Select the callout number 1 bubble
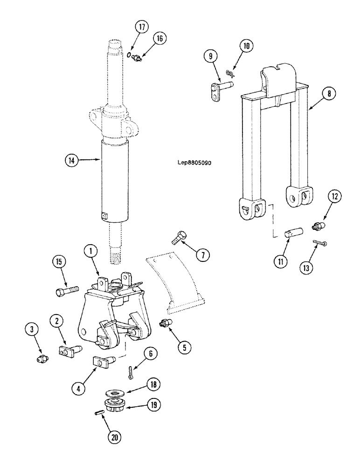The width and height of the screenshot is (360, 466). tap(90, 251)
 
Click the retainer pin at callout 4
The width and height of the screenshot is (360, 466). tap(105, 362)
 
